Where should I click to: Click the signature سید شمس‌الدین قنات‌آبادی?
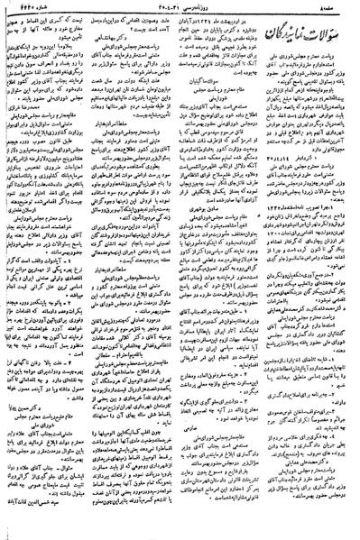[x=41, y=532]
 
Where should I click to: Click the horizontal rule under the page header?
[x=180, y=14]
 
